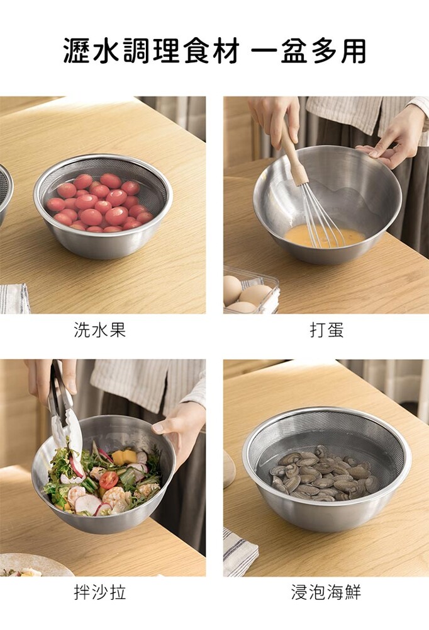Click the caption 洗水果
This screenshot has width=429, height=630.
[100, 330]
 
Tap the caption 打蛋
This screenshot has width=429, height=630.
[326, 330]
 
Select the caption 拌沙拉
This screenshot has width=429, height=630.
[100, 592]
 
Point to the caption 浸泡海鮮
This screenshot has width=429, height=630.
[326, 592]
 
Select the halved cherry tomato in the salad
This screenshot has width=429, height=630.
[109, 480]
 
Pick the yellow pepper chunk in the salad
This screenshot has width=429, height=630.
[124, 457]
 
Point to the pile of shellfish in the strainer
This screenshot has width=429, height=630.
[324, 473]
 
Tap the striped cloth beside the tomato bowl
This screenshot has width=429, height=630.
[14, 299]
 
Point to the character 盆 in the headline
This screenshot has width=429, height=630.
[296, 51]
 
